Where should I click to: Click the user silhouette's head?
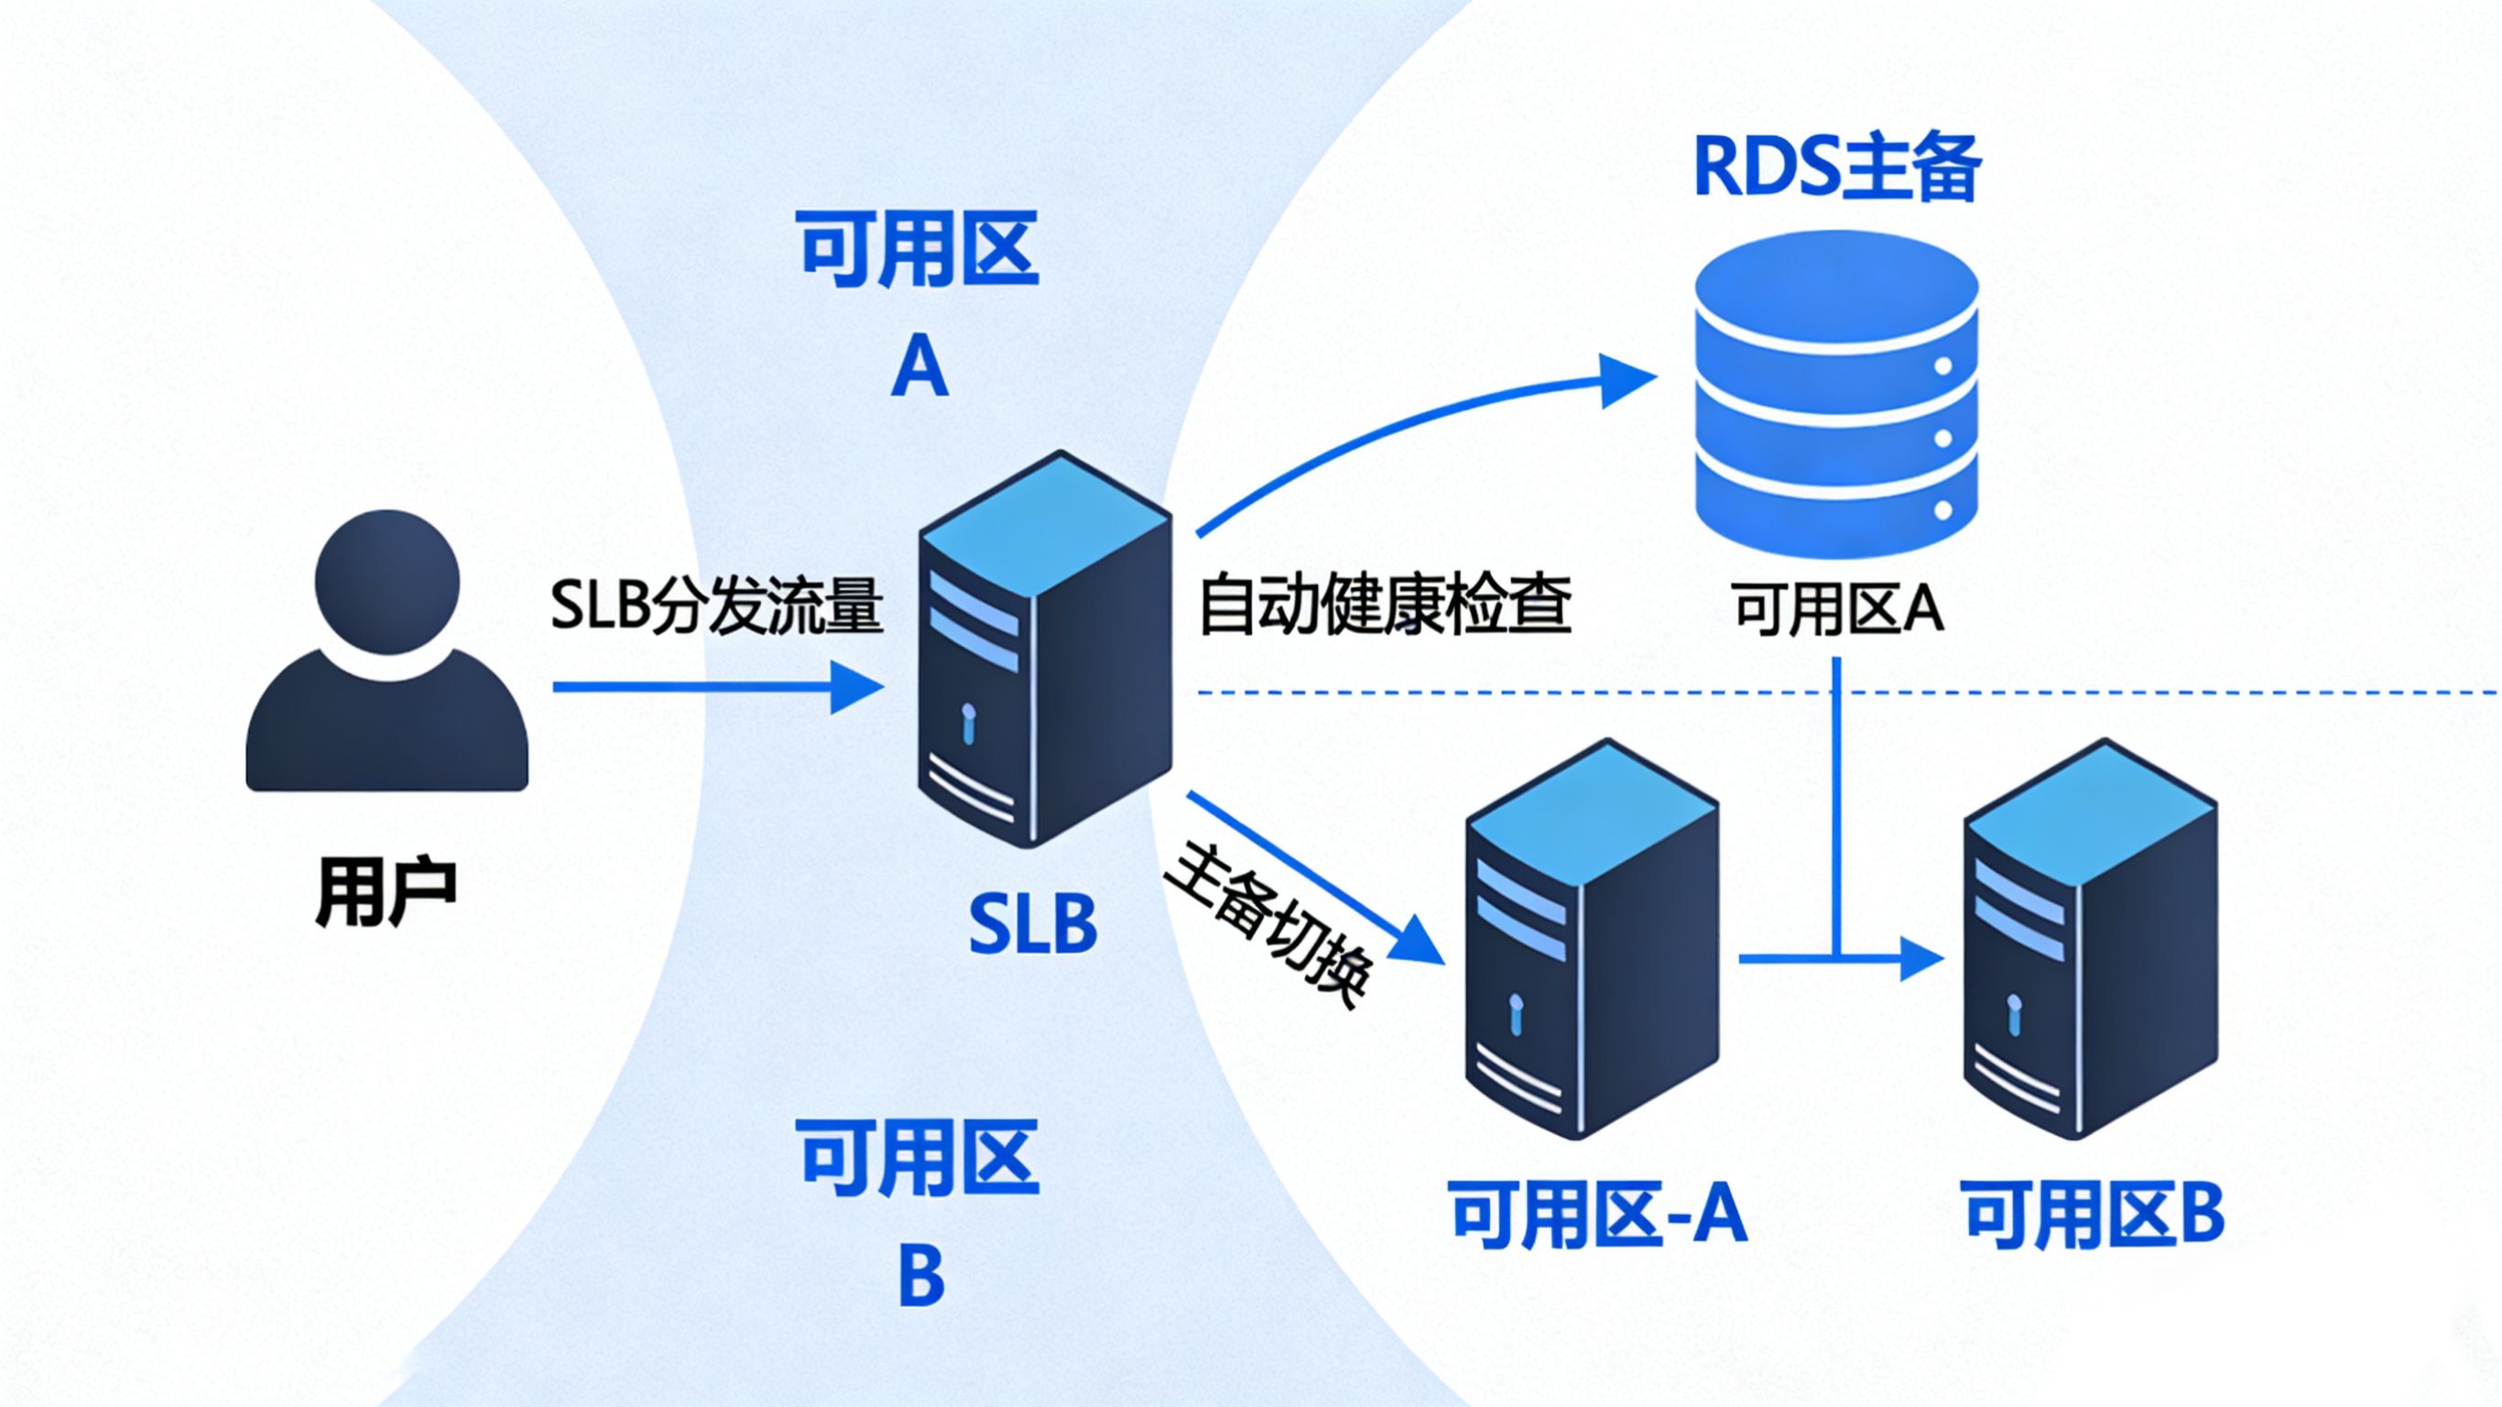[386, 581]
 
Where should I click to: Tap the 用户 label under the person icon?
[386, 892]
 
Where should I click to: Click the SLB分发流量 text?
[717, 606]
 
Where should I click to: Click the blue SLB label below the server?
[1033, 924]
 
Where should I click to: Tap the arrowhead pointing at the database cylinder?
[1625, 380]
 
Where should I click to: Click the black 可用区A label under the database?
[1837, 611]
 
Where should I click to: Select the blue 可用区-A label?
[1598, 1215]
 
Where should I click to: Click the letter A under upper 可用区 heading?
[919, 367]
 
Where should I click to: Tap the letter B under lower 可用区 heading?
[919, 1276]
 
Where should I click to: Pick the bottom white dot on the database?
[1943, 510]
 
